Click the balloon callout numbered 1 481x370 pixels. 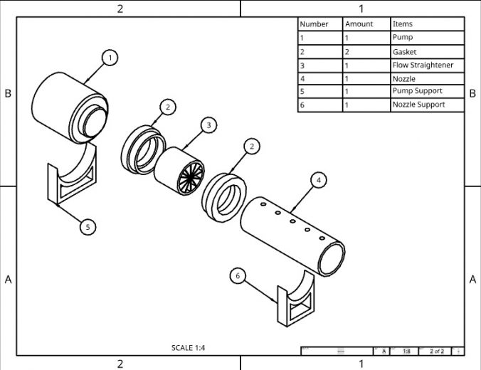[x=109, y=58]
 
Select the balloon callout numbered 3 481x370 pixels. [x=208, y=125]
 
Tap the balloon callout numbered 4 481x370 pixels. [x=319, y=181]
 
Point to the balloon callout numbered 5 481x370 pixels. [x=88, y=227]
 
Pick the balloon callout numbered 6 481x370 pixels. [x=239, y=276]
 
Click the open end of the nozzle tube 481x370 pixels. [x=332, y=258]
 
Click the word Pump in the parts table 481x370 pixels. [x=402, y=37]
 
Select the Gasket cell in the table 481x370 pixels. [x=404, y=51]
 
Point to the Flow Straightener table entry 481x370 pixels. [x=423, y=65]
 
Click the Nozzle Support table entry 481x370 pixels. [x=418, y=105]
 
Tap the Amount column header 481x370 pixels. [x=359, y=23]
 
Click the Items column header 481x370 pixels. [x=402, y=23]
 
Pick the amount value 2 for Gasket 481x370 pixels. [x=347, y=51]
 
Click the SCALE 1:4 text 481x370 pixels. [x=189, y=348]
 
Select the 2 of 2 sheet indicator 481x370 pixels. [x=436, y=351]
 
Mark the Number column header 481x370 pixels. [x=314, y=23]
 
